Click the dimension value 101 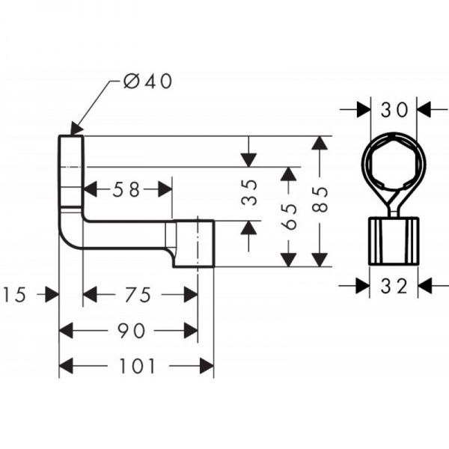tap(136, 366)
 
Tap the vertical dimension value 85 tap(320, 201)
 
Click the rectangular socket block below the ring tap(394, 242)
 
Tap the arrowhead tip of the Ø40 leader tap(73, 133)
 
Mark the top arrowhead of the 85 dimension tap(320, 142)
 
